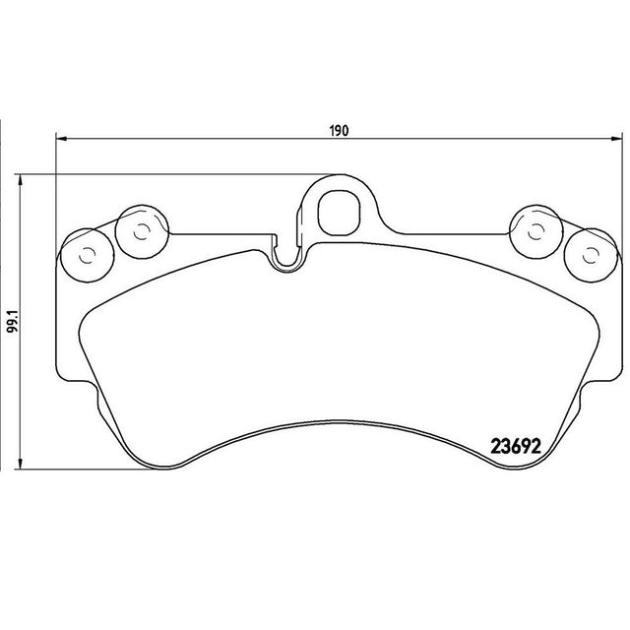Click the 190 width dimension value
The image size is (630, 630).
coord(339,131)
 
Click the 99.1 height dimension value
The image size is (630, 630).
coord(13,320)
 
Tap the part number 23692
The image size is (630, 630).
coord(516,446)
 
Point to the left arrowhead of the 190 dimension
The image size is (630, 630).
coord(60,139)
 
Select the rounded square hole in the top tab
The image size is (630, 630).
coord(339,213)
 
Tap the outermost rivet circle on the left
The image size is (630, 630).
coord(87,256)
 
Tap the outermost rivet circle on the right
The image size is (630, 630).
coord(591,256)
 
